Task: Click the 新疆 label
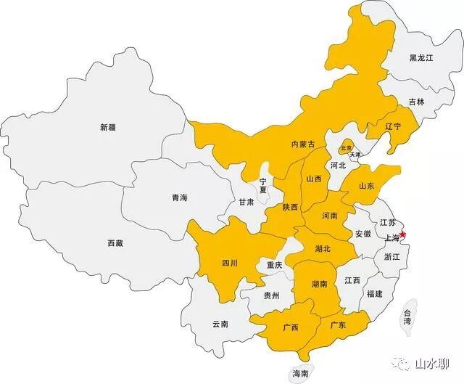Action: (107, 127)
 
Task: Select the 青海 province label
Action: (179, 197)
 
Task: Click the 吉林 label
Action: (416, 102)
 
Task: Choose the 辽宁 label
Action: (393, 126)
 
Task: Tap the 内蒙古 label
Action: (302, 144)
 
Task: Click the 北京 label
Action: (346, 148)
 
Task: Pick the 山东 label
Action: (367, 186)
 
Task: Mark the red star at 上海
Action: (404, 235)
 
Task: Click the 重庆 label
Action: (275, 265)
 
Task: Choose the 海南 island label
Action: (300, 373)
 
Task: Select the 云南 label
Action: (220, 324)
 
